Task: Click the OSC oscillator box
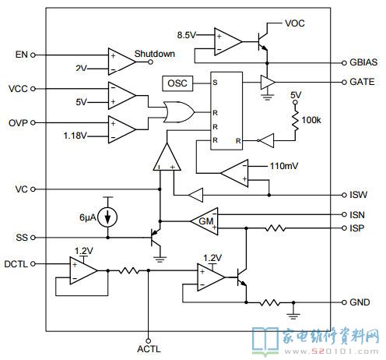point(177,83)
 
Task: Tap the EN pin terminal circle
point(33,55)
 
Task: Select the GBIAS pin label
point(363,62)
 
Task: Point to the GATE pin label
point(362,82)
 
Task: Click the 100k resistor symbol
point(295,120)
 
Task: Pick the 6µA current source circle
point(107,217)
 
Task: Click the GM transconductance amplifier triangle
point(205,221)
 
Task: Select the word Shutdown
point(155,54)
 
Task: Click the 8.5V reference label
point(187,35)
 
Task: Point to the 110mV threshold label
point(284,166)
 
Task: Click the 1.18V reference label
point(75,136)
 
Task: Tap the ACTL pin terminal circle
point(149,341)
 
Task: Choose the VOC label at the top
point(295,23)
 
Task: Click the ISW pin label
point(359,195)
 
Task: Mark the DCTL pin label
point(16,264)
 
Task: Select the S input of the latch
point(215,83)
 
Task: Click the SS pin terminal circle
point(33,238)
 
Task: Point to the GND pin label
point(360,302)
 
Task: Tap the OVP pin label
point(18,122)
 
